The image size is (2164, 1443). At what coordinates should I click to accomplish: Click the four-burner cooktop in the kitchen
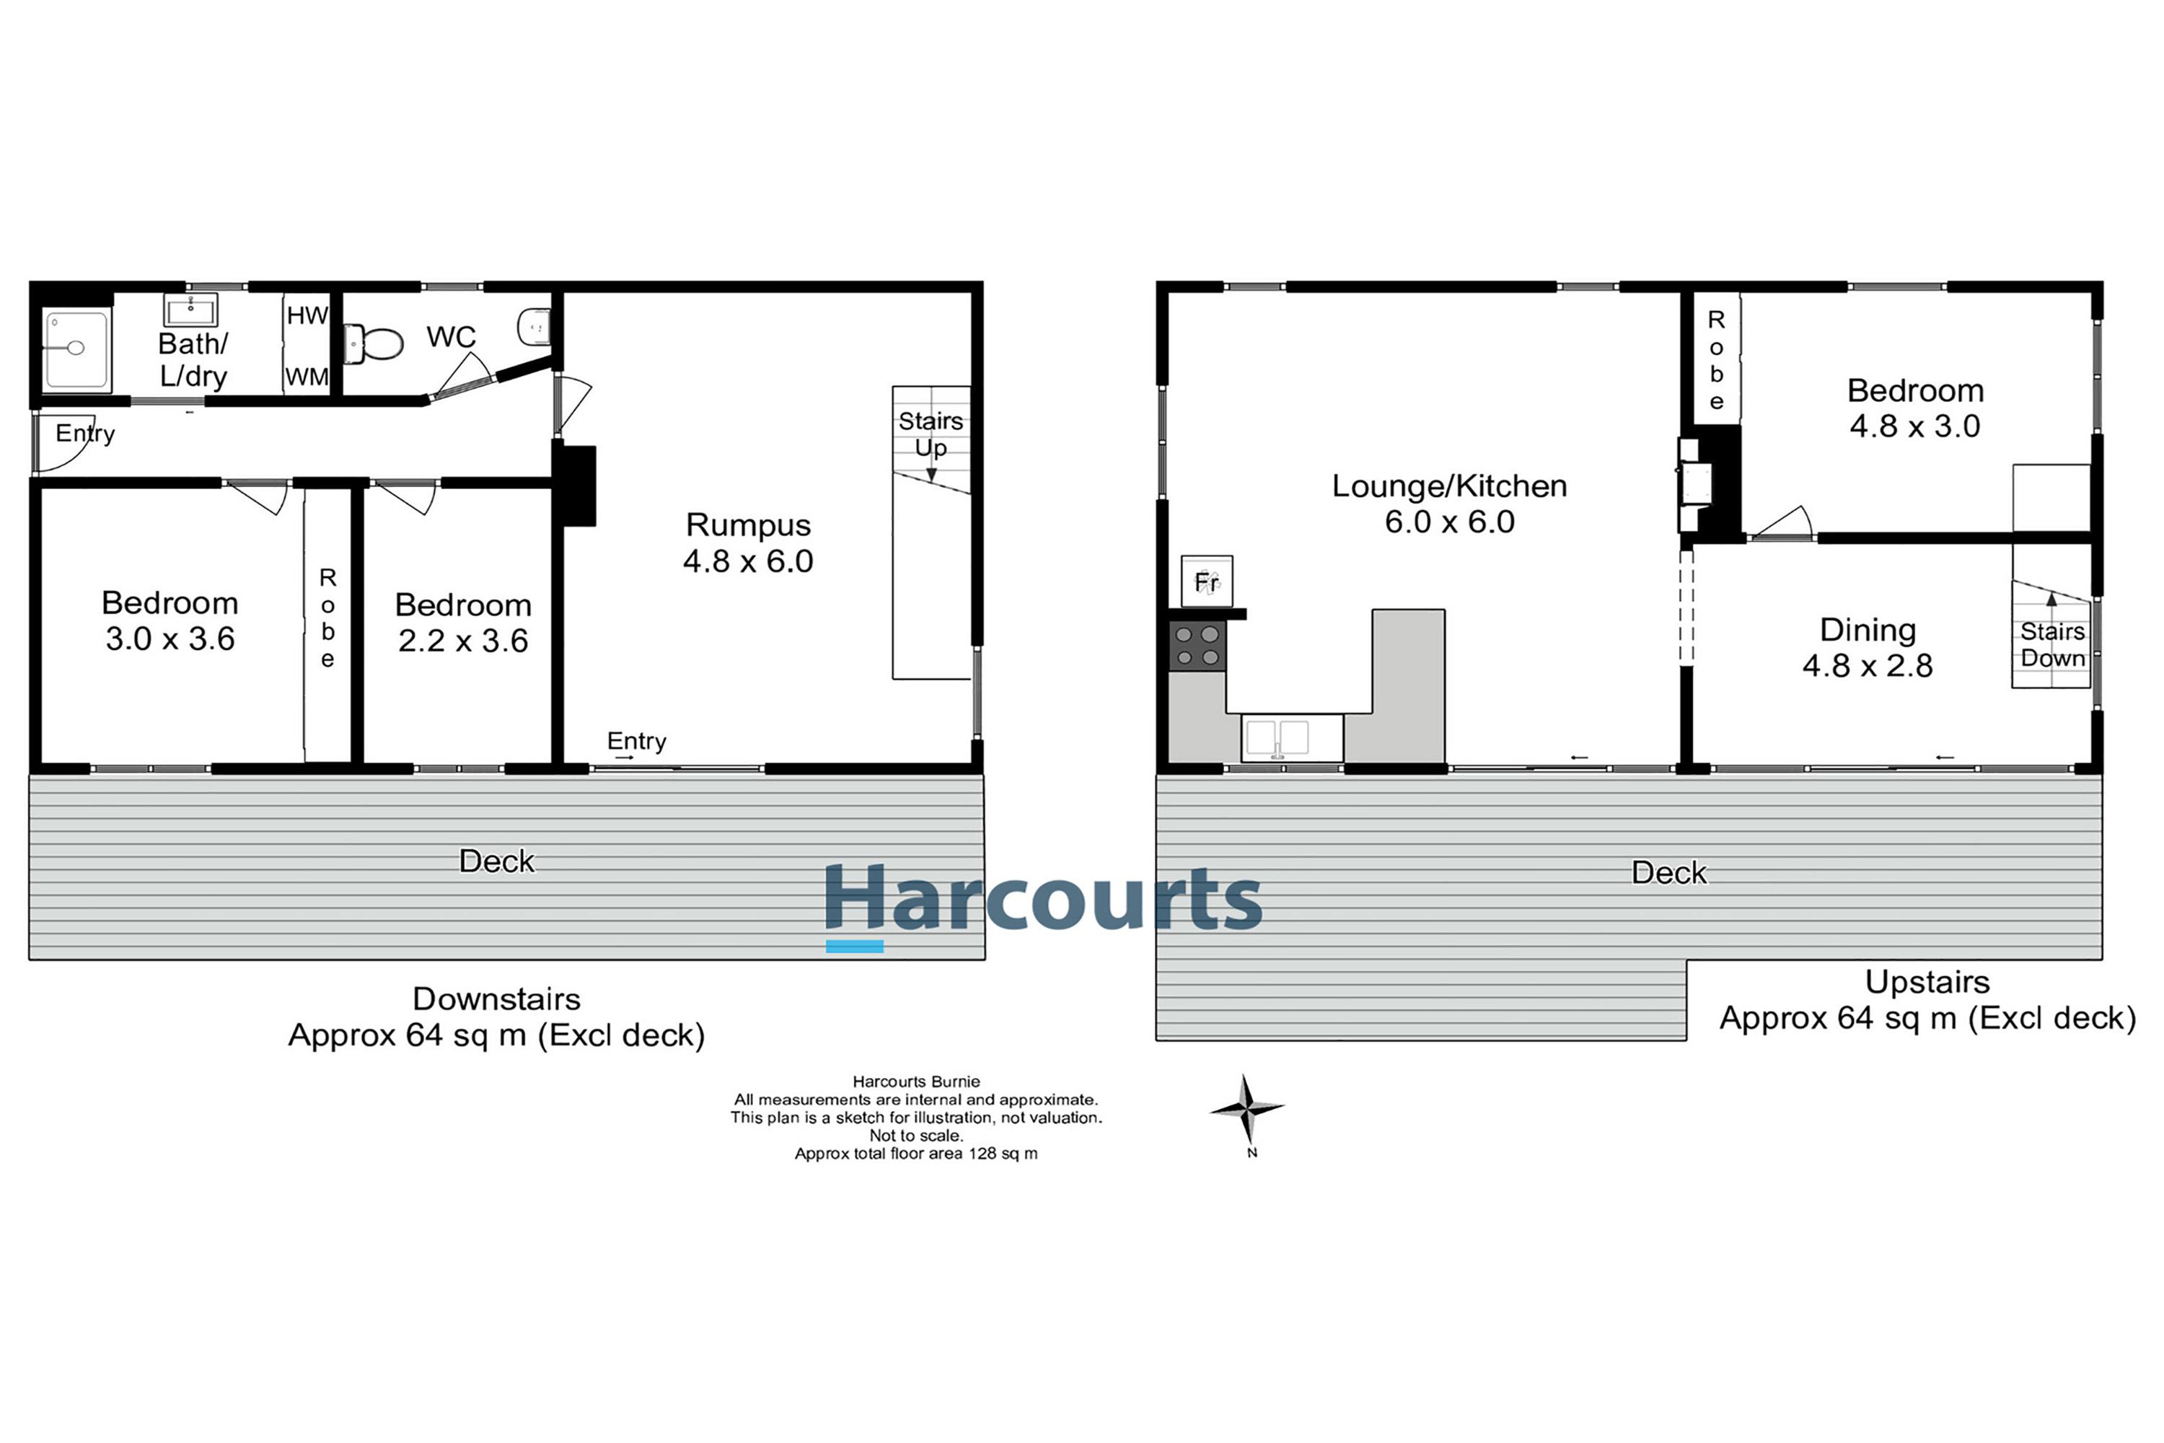(1197, 646)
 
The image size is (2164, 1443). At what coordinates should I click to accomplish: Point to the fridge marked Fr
(1206, 581)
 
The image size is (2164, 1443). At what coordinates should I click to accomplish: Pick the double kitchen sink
(1278, 738)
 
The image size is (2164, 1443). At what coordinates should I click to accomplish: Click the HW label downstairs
(307, 316)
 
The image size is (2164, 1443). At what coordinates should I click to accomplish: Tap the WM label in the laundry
(307, 377)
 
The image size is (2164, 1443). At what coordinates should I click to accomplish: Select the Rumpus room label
(748, 525)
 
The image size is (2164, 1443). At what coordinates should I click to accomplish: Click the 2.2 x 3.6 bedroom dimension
(463, 641)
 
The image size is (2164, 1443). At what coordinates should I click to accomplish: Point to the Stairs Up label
(931, 434)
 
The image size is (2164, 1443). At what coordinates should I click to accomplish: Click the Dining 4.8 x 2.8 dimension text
(1867, 666)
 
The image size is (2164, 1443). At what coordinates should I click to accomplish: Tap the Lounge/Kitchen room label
(1449, 486)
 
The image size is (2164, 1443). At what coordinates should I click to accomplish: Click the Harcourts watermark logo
(1042, 900)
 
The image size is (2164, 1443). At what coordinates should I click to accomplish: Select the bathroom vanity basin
(191, 310)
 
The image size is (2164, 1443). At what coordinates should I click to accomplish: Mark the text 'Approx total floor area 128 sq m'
(915, 1154)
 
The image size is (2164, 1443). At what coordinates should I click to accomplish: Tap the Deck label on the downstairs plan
(497, 861)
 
